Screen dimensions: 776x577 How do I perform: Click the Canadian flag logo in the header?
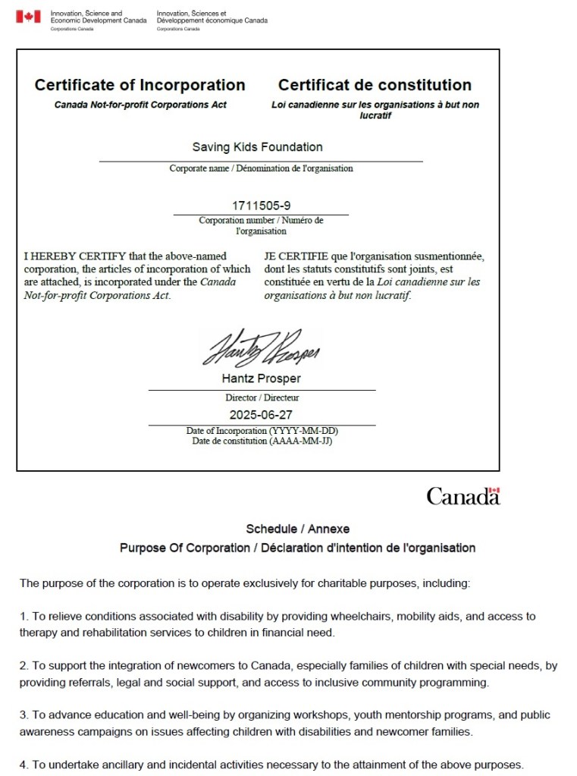28,17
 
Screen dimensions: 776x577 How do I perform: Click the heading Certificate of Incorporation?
140,85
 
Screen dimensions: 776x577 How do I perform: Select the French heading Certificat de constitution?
375,85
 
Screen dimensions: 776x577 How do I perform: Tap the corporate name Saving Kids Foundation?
257,147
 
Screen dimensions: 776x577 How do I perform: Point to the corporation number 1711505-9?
261,206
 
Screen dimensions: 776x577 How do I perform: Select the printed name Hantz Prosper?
262,379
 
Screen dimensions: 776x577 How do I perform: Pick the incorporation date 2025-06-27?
261,415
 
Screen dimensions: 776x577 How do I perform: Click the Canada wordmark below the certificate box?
463,496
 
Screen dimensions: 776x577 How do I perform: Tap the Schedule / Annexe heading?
297,529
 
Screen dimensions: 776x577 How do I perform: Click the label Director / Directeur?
262,397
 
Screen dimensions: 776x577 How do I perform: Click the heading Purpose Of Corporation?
184,548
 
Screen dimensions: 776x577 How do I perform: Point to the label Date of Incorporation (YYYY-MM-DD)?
262,431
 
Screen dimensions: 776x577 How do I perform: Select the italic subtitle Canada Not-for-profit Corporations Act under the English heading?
140,105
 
